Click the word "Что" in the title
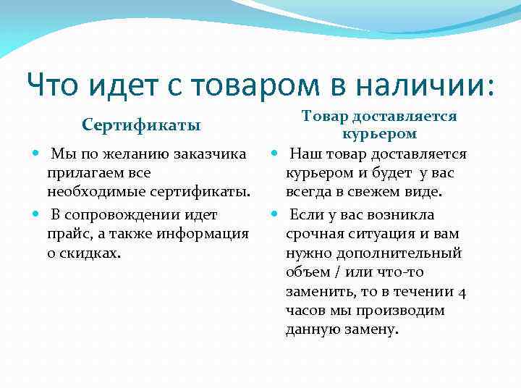(x=56, y=86)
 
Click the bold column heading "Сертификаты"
(x=142, y=125)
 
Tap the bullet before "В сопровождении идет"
(x=37, y=215)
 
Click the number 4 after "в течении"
(x=462, y=292)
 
